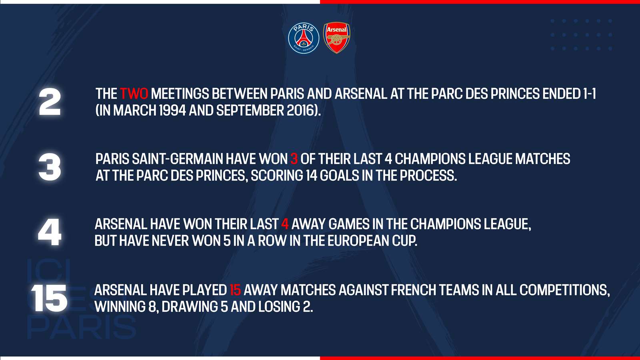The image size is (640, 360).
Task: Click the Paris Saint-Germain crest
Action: (x=304, y=38)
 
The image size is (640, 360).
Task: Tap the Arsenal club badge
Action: (x=336, y=38)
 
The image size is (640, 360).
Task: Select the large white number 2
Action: (x=50, y=102)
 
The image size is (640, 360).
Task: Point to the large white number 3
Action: (x=50, y=168)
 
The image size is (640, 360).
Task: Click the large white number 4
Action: (x=50, y=232)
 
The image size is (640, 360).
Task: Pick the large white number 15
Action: (x=49, y=298)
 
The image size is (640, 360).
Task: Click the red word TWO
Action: (x=134, y=94)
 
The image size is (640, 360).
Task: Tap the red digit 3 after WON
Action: (x=294, y=159)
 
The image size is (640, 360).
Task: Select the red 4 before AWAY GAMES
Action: (x=285, y=224)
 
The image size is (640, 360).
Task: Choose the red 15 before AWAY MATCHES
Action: (x=236, y=290)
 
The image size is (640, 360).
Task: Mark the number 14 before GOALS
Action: (x=312, y=176)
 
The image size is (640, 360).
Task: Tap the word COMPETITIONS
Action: (x=564, y=290)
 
